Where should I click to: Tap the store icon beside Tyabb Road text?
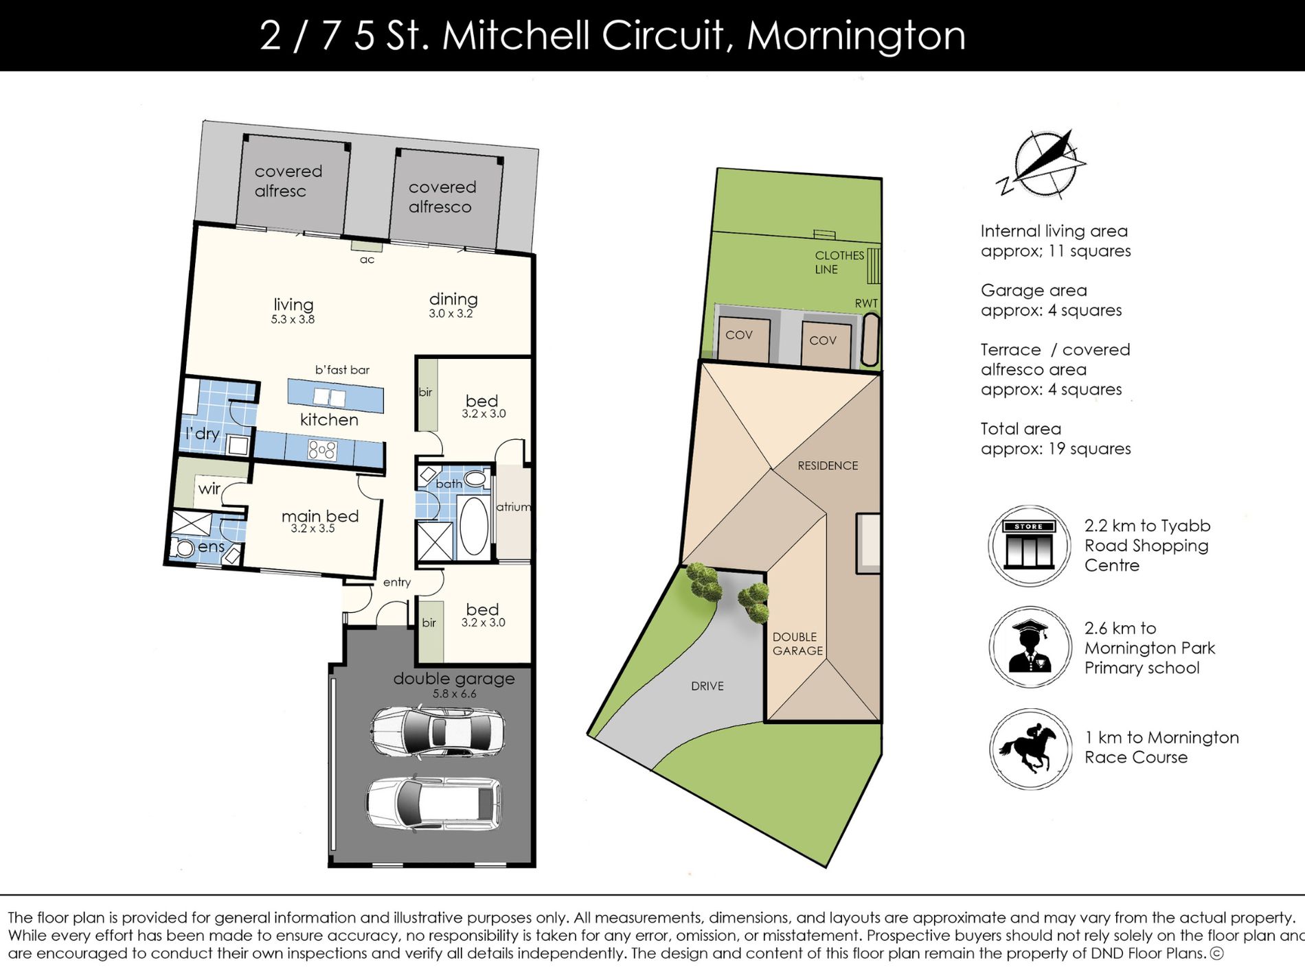(x=1029, y=546)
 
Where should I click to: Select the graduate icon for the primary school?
(x=1030, y=647)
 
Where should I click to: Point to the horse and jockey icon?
(x=1030, y=749)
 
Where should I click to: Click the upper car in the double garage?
(x=438, y=733)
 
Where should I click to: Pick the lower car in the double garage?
(x=433, y=804)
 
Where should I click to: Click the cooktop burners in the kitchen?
(x=322, y=450)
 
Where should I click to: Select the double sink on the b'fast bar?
(x=329, y=397)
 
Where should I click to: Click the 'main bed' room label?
(x=320, y=516)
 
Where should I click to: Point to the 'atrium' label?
(x=514, y=507)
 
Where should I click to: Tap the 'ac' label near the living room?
(x=367, y=259)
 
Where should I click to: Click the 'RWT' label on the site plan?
(x=866, y=303)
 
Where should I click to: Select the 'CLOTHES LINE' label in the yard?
(x=839, y=262)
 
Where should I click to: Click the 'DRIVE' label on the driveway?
(x=707, y=686)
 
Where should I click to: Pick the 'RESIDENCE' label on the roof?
(x=828, y=465)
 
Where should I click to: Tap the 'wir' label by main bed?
(x=209, y=489)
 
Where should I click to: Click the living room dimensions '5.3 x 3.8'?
(x=293, y=319)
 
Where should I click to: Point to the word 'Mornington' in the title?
(x=856, y=36)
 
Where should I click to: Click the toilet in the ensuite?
(x=185, y=548)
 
